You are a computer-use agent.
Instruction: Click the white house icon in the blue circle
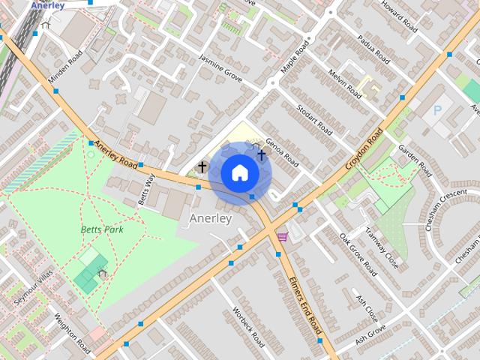pos(239,172)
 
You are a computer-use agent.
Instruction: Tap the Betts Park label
pos(102,229)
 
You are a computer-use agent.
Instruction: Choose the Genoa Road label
pos(281,152)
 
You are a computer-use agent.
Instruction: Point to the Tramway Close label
pos(382,247)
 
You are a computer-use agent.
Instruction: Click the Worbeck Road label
pos(248,328)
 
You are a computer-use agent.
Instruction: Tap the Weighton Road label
pos(73,335)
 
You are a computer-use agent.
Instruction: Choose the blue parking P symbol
pos(437,110)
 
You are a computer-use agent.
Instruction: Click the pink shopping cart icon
pos(283,236)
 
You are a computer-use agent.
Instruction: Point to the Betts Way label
pos(146,190)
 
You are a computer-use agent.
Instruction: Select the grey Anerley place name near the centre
pos(211,218)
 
